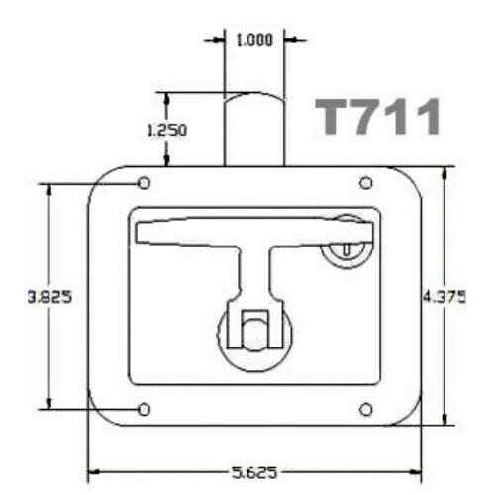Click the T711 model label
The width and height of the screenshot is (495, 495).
tap(378, 118)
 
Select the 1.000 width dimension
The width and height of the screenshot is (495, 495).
tap(254, 40)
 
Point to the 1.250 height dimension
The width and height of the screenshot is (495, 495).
tap(166, 130)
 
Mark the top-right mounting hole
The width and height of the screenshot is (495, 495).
tap(365, 183)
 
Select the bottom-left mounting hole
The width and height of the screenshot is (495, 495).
tap(145, 409)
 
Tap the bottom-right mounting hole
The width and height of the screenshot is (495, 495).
tap(365, 409)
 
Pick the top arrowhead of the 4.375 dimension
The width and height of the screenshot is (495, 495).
tap(445, 170)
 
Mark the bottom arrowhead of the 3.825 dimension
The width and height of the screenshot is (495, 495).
tap(47, 403)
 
